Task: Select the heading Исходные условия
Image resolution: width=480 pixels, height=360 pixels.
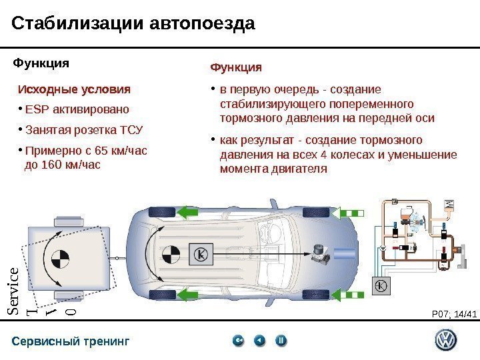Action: (74, 89)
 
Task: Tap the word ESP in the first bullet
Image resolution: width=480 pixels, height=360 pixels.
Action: (34, 109)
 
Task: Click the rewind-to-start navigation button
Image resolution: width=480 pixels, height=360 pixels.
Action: (238, 341)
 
